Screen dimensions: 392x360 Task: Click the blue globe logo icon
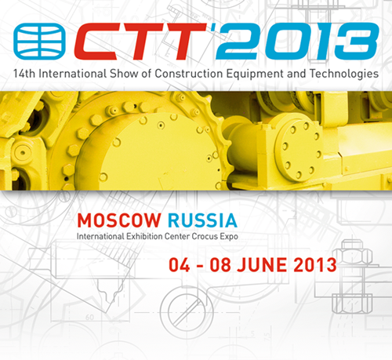39,42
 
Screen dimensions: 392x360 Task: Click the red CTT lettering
140,42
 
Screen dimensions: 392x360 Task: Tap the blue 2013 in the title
297,41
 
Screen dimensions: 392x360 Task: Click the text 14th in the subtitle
24,74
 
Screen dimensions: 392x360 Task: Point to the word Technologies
344,75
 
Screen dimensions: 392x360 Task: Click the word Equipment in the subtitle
255,75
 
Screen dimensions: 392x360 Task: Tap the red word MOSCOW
119,220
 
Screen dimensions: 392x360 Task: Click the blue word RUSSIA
202,220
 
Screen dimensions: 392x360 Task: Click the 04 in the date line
180,265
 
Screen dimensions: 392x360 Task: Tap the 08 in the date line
220,265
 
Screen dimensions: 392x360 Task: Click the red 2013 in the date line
315,265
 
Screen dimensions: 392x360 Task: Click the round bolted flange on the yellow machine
299,151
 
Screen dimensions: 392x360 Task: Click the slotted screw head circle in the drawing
187,313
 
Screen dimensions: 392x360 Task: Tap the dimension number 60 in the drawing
89,318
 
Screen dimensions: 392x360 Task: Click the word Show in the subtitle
124,74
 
